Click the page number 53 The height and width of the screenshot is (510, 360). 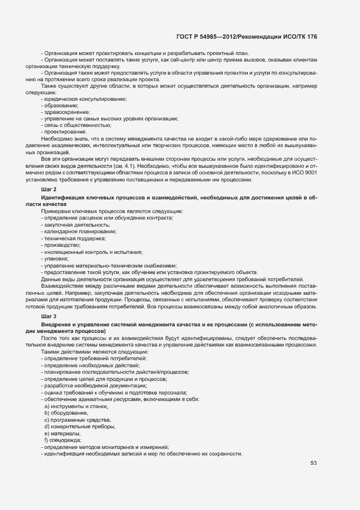313,463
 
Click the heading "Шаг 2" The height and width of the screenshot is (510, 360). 48,189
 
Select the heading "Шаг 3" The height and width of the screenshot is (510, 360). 48,316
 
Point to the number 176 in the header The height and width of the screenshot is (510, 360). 310,37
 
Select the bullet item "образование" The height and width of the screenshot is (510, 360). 61,105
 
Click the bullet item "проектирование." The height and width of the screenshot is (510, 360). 65,132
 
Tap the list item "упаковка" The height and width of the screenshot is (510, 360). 56,258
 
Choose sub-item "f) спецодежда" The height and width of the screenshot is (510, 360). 64,440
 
